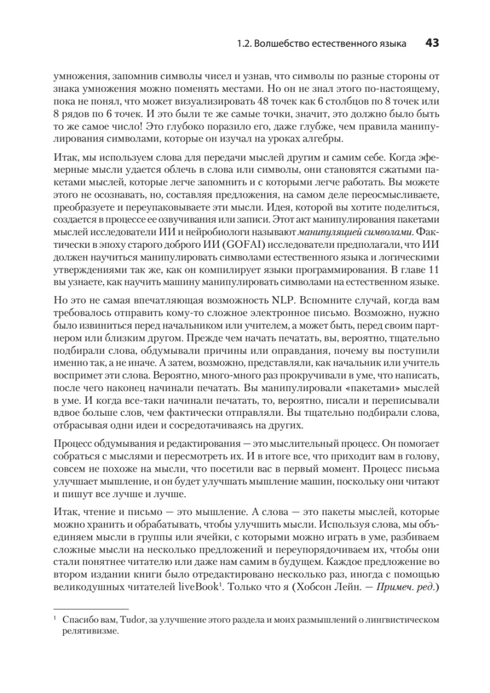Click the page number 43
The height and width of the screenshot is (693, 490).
click(432, 43)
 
